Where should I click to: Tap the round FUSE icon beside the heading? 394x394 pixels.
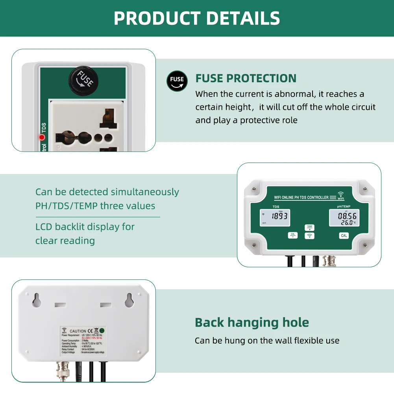(x=177, y=81)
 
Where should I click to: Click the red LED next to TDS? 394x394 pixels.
(x=42, y=137)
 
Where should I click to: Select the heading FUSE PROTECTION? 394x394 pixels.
(x=246, y=78)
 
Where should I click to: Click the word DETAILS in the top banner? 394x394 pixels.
(x=243, y=18)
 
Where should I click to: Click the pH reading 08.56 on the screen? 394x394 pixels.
(x=347, y=216)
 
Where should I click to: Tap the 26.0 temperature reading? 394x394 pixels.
(x=347, y=222)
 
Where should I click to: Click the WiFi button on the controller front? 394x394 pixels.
(x=310, y=236)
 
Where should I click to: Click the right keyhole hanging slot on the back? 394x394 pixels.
(x=129, y=301)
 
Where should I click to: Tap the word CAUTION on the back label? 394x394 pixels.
(x=78, y=331)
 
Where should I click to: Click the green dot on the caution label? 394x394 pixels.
(x=102, y=331)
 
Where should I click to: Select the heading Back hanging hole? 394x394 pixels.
(x=252, y=322)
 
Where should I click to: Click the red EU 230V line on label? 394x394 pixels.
(x=92, y=338)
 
